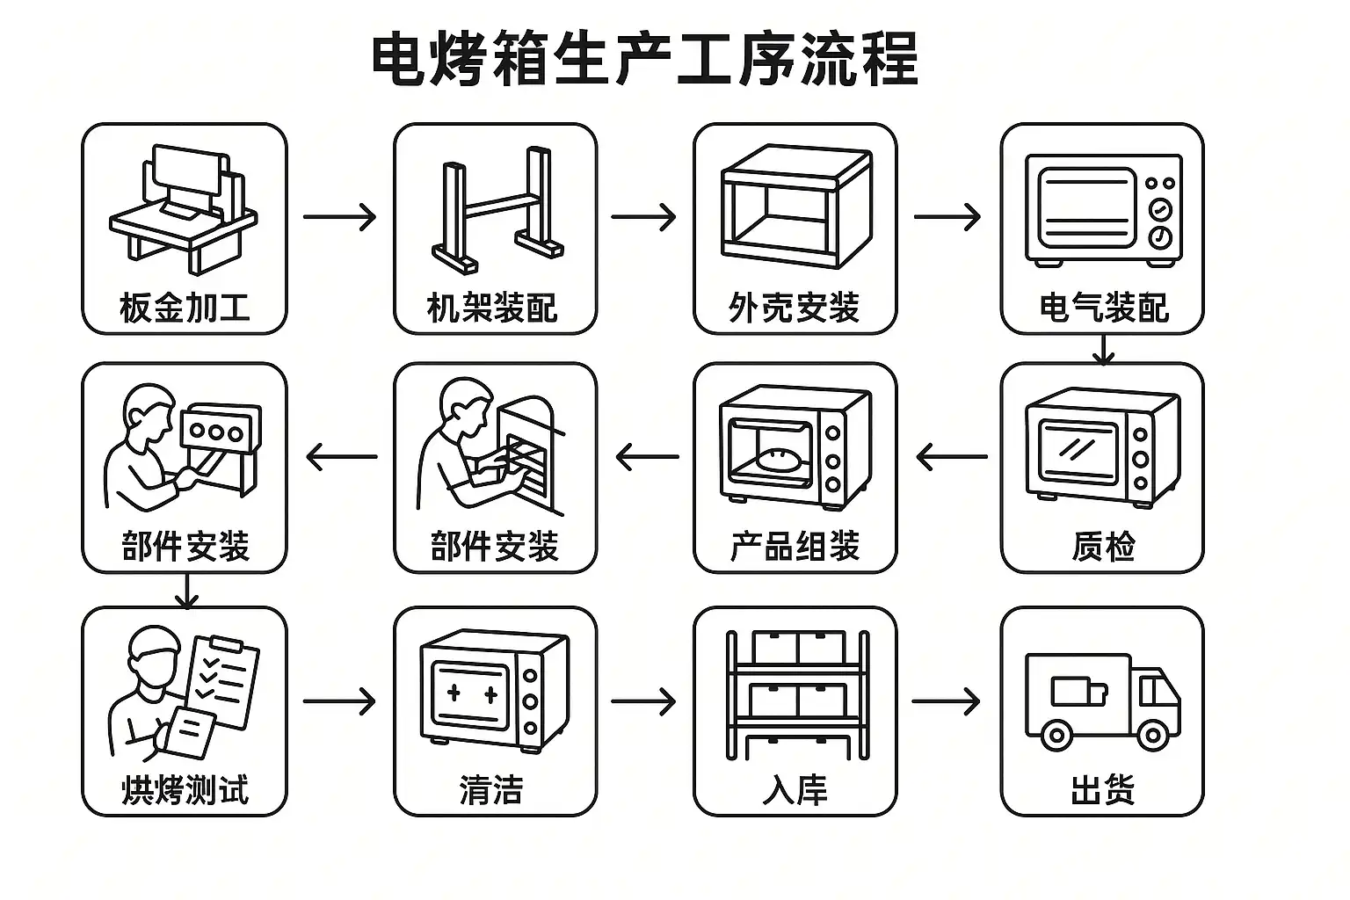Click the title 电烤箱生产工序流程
click(644, 59)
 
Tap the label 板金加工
click(185, 308)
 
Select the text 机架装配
click(492, 308)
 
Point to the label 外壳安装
click(795, 308)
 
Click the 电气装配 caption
click(1103, 308)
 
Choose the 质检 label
click(1103, 547)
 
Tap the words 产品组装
click(795, 547)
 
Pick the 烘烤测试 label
click(185, 789)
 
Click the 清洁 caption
click(492, 789)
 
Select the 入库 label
click(795, 789)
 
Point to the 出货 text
click(1103, 789)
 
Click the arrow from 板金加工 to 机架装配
click(339, 216)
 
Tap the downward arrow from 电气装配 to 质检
click(1103, 350)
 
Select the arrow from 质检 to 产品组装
click(951, 457)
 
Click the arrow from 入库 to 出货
click(946, 701)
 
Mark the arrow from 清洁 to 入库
click(643, 701)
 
